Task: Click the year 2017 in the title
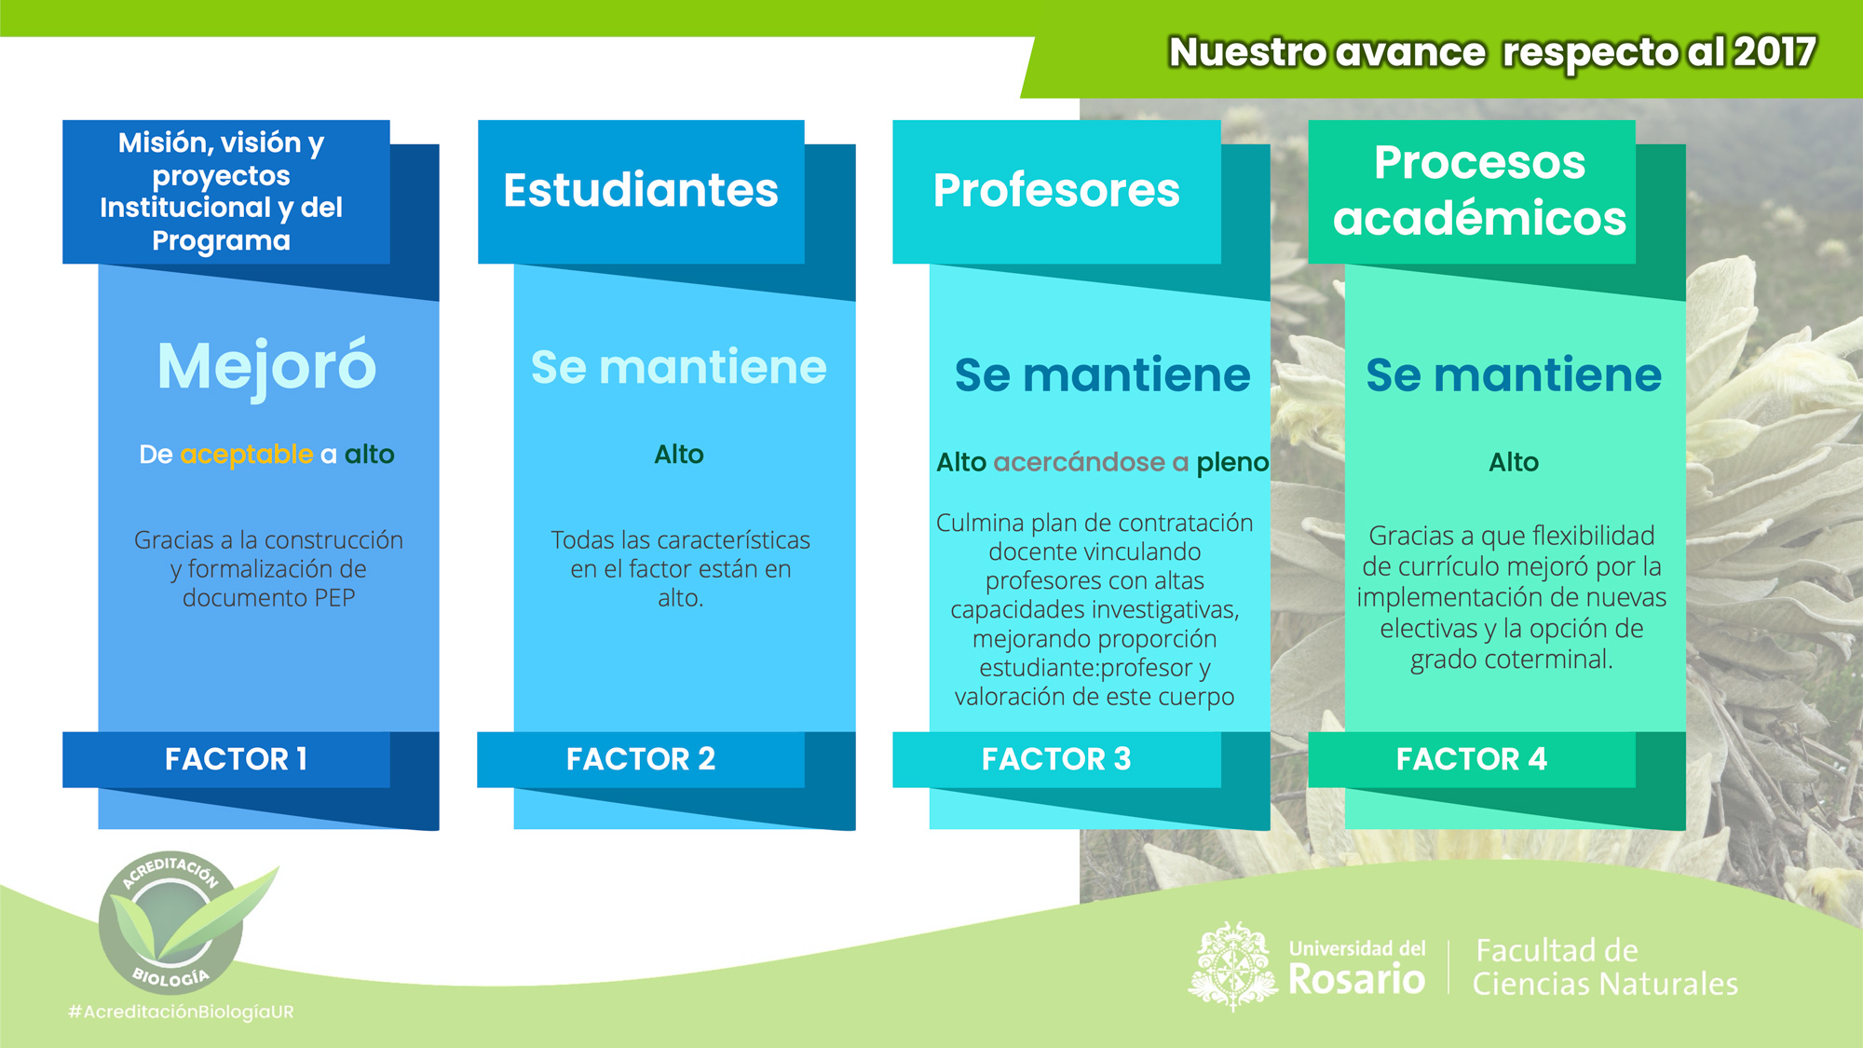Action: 1775,52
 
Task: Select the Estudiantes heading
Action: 641,190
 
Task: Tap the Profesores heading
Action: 1056,191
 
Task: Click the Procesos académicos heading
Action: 1479,190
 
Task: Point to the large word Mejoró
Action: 267,367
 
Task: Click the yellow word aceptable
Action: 247,455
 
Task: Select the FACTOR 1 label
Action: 237,759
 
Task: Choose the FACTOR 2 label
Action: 641,759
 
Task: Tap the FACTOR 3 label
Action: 1056,759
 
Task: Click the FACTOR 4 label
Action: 1472,759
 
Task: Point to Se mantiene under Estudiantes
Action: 679,367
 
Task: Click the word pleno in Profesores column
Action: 1232,463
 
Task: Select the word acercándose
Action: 1080,462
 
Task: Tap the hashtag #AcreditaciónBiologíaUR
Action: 181,1012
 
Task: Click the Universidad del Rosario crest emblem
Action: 1233,967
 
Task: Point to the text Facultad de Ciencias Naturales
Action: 1605,967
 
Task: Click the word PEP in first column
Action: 334,598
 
